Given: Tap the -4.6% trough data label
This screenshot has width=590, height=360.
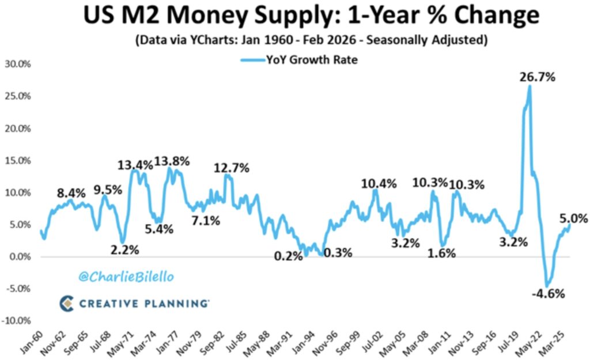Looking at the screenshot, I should click(548, 293).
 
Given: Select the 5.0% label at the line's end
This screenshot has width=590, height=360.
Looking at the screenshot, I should click(573, 218).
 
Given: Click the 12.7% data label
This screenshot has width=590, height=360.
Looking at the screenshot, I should click(232, 168).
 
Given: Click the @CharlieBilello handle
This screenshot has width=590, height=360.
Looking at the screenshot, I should click(126, 277).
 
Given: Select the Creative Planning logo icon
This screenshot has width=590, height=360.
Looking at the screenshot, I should click(67, 302).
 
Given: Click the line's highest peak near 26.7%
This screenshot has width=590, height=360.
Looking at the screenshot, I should click(529, 87).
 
